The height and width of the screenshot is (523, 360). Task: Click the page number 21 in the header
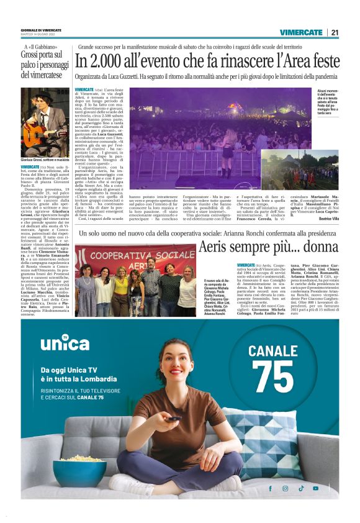click(335, 32)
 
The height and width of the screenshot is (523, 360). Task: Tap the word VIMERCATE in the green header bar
click(300, 32)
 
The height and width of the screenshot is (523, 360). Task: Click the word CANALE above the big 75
click(273, 350)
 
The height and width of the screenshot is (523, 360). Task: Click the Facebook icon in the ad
click(270, 488)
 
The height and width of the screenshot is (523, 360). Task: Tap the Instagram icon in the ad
click(286, 488)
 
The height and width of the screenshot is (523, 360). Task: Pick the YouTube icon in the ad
click(315, 488)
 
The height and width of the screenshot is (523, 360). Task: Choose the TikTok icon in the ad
click(300, 488)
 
